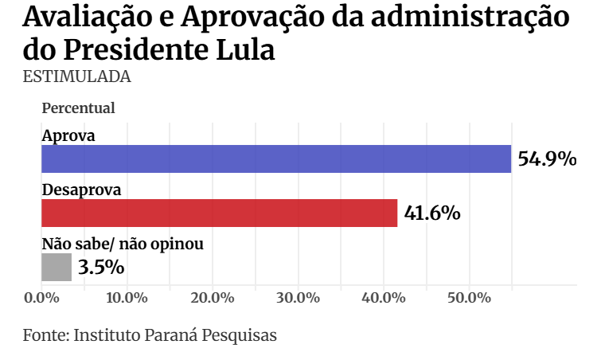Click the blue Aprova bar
pyautogui.click(x=275, y=158)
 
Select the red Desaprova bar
pyautogui.click(x=219, y=213)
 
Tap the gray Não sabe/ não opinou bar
pyautogui.click(x=56, y=268)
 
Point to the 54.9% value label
pyautogui.click(x=547, y=158)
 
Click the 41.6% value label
pyautogui.click(x=432, y=213)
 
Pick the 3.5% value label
pyautogui.click(x=101, y=267)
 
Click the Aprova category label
pyautogui.click(x=68, y=135)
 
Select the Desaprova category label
pyautogui.click(x=81, y=190)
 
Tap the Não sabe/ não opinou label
pyautogui.click(x=122, y=245)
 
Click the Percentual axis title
pyautogui.click(x=78, y=108)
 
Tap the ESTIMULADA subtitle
pyautogui.click(x=76, y=76)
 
